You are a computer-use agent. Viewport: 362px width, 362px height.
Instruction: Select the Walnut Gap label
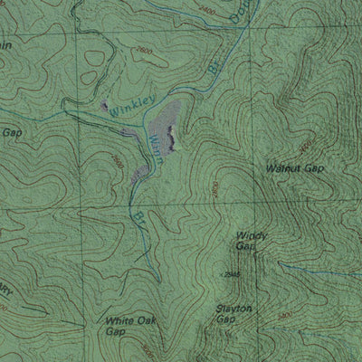295,168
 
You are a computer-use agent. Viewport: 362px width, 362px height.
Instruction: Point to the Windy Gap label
251,241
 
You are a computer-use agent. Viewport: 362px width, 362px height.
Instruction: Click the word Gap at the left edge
11,132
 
